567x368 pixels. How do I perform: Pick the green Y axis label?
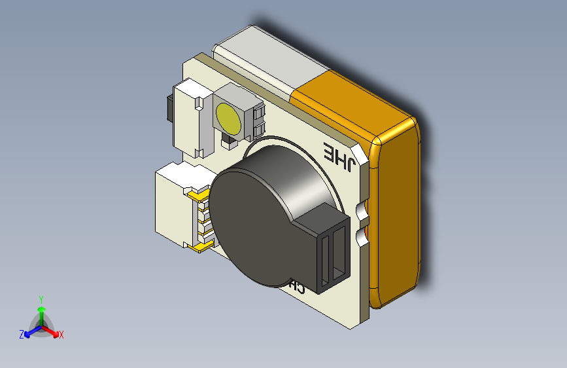pos(41,299)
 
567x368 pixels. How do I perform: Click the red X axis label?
pos(61,335)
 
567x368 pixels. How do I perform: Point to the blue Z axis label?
pos(22,334)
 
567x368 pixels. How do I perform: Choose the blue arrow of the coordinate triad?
pos(30,331)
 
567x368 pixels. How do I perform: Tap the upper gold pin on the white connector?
pos(196,194)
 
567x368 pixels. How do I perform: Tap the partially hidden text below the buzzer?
pos(296,287)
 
